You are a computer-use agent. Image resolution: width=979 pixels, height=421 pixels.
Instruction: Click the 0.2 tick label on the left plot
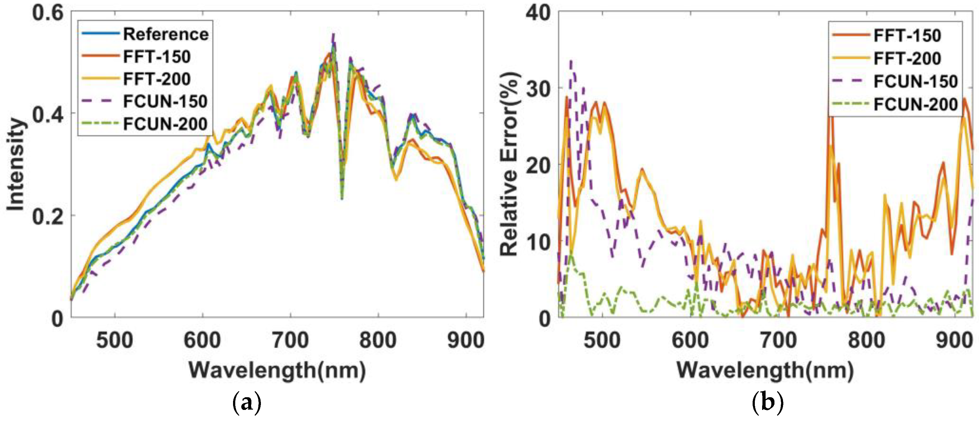pos(47,216)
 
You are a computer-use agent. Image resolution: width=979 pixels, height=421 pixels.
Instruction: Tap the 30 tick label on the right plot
pos(538,89)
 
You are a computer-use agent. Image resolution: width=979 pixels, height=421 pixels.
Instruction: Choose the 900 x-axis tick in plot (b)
pos(954,340)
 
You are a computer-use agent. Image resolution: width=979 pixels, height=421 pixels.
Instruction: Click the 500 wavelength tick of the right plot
pos(602,340)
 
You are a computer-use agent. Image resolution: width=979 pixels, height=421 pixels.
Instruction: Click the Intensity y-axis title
pos(16,165)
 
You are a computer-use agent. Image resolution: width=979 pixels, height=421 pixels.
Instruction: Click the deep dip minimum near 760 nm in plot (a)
pos(342,198)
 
